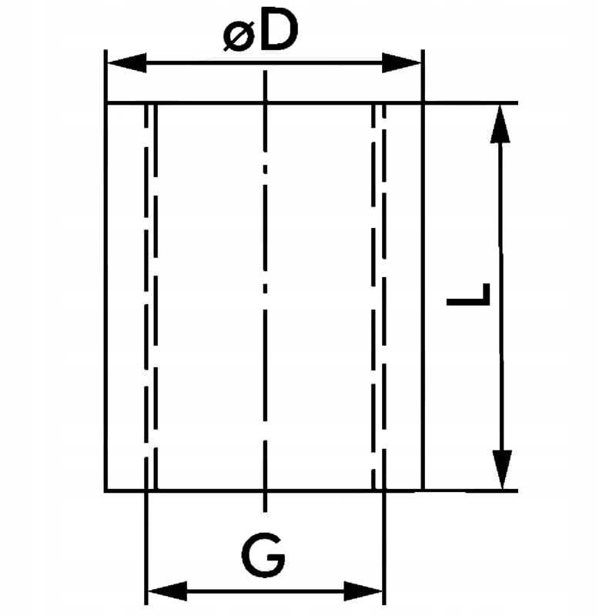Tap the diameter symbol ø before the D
(x=238, y=35)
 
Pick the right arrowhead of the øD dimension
(x=403, y=62)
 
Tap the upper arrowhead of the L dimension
(x=501, y=123)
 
